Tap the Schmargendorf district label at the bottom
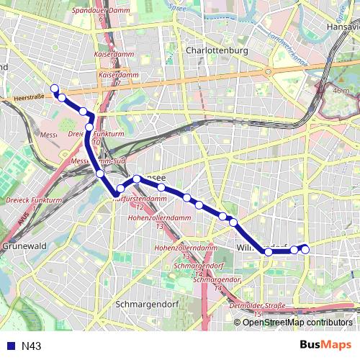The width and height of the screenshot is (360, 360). click(x=145, y=304)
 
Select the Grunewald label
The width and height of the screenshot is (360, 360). click(x=24, y=246)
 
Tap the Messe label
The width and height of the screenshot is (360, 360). click(x=48, y=135)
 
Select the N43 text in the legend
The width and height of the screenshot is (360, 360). click(x=31, y=346)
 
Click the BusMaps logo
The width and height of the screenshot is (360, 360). click(x=325, y=346)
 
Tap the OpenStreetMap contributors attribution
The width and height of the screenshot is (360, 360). click(x=297, y=323)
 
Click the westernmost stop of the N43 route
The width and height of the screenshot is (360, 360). click(x=54, y=89)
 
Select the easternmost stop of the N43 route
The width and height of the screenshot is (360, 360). click(x=305, y=249)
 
